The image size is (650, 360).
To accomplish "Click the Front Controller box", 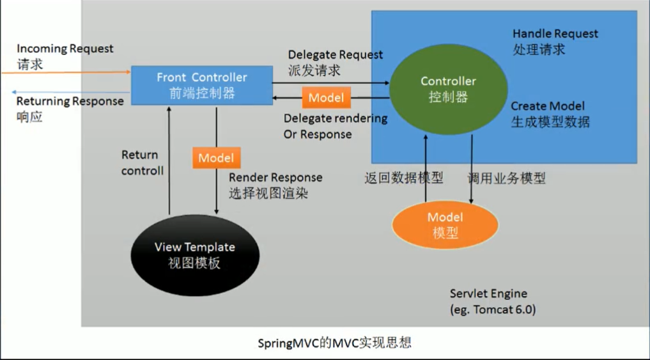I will (x=201, y=85).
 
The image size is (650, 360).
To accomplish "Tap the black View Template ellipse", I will (x=195, y=254).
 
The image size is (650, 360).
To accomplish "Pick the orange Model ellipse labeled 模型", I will (x=445, y=225).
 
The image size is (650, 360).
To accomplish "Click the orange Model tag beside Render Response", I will (x=216, y=158).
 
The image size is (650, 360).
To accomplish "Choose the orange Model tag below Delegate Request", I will (x=326, y=98).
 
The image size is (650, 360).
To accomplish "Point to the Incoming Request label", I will (x=65, y=49).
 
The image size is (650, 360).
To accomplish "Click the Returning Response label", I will (x=70, y=101).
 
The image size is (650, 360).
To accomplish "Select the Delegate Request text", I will (x=336, y=55).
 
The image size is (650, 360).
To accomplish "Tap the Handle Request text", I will (x=555, y=33).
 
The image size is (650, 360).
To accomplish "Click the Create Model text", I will (x=548, y=106).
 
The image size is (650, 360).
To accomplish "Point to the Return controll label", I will (x=142, y=162).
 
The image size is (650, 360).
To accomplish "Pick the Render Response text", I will (x=275, y=177).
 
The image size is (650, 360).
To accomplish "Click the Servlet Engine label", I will (x=488, y=293).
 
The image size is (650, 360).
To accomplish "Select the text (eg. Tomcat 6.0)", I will (x=492, y=310).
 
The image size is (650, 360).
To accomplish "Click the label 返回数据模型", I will (x=404, y=178).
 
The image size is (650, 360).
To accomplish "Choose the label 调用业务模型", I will (x=507, y=178).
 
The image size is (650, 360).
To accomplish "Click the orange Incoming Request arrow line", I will (x=64, y=73).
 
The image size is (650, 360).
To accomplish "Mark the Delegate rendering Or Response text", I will (x=336, y=126).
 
